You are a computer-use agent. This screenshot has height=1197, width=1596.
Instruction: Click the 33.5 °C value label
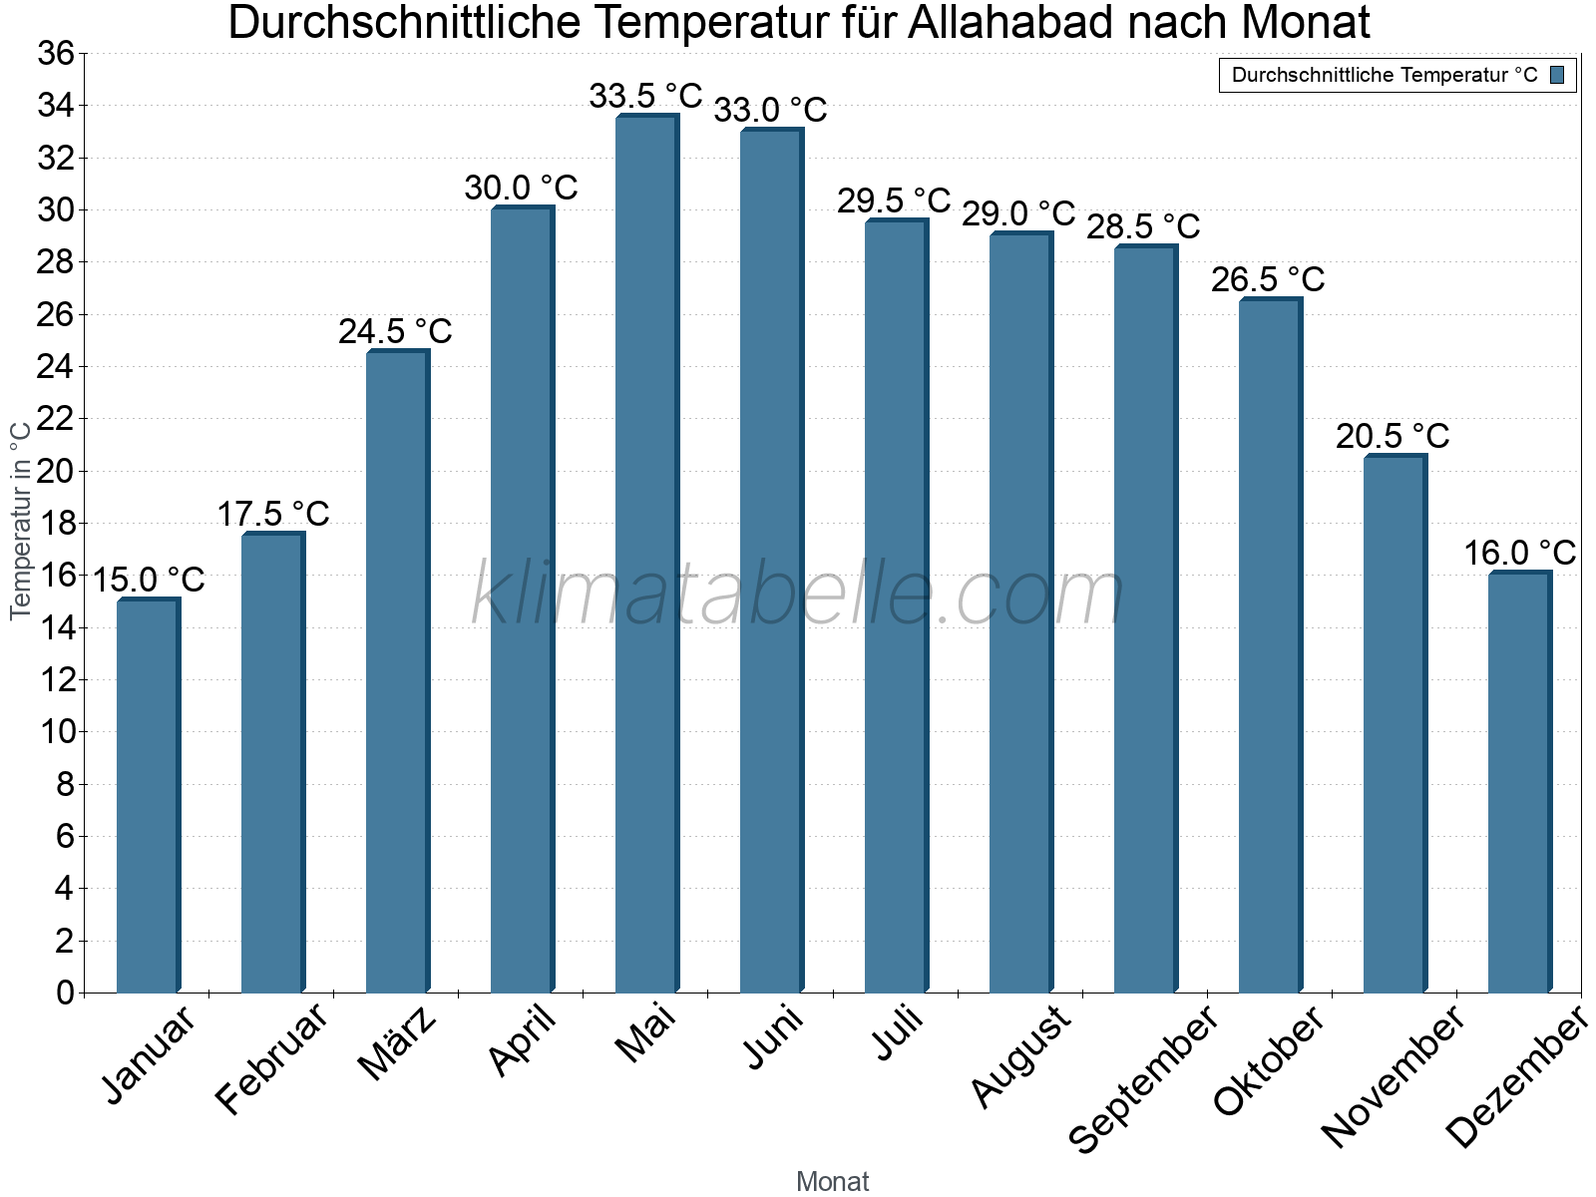pos(645,97)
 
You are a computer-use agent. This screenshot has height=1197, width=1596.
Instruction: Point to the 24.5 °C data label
pos(395,332)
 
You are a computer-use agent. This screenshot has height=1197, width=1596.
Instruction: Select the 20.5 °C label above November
pos(1393,437)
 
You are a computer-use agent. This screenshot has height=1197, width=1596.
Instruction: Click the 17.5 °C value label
pos(272,515)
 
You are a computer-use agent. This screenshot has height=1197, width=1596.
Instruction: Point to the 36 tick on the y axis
pos(56,54)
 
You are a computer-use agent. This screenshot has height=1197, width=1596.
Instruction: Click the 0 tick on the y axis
pos(66,993)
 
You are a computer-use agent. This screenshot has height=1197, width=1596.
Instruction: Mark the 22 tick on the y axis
pos(56,419)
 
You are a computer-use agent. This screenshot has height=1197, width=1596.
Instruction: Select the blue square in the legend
pos(1557,75)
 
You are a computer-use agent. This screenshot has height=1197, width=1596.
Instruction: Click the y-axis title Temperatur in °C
pos(21,520)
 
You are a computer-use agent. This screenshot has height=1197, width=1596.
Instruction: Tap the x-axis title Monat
pos(832,1181)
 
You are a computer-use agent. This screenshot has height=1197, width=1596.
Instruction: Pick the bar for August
pos(1020,612)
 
